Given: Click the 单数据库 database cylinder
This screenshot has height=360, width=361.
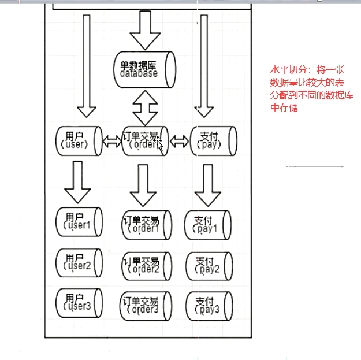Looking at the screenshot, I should [x=143, y=68].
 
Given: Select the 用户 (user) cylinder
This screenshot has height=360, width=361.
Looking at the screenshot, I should [x=79, y=140].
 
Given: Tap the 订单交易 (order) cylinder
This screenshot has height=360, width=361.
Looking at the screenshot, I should [x=145, y=140].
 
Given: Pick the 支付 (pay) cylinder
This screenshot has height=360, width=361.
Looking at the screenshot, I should [x=213, y=140].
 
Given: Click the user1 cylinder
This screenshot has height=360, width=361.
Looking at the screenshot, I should [x=79, y=221].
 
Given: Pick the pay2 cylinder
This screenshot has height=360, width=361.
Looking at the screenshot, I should [x=208, y=265].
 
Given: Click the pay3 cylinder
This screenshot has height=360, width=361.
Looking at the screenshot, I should [x=208, y=305].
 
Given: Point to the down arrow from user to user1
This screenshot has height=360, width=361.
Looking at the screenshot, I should [x=77, y=181].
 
